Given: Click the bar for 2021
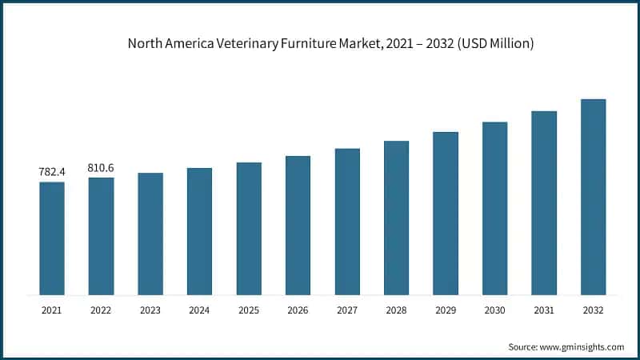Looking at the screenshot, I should (x=52, y=238).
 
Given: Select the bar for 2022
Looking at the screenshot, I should (x=101, y=236).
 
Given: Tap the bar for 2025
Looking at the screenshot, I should (x=249, y=229).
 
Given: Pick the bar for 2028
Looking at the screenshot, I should (x=396, y=218).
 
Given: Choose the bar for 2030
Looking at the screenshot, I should (x=494, y=208).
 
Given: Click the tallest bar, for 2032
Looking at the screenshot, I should (x=593, y=197).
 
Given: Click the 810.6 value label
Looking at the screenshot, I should (x=101, y=167).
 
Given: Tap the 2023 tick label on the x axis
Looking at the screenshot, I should (x=150, y=309).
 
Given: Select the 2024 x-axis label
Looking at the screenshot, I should (x=199, y=309).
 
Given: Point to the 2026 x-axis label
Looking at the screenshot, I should (x=298, y=309).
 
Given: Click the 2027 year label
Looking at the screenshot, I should (x=347, y=309).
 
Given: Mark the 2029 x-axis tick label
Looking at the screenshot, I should (x=446, y=309).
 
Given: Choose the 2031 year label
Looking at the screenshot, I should (x=544, y=309).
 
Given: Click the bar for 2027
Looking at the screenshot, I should (x=347, y=222).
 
